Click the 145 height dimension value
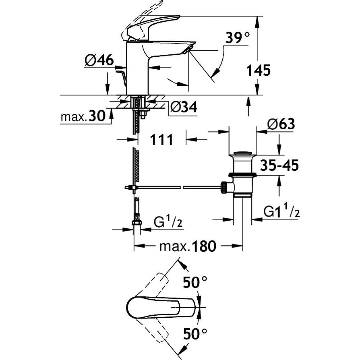tap(258, 70)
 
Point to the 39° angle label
tap(237, 38)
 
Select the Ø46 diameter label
tap(99, 60)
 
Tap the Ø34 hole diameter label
tap(184, 107)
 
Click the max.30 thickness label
tap(83, 116)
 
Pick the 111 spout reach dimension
tap(161, 140)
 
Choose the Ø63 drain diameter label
tap(281, 124)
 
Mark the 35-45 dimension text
tap(279, 166)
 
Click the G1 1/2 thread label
tap(281, 210)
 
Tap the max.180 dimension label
tap(188, 246)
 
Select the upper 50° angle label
tap(195, 282)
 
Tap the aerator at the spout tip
tap(188, 50)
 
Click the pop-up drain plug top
tap(243, 153)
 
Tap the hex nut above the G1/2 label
tap(137, 222)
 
